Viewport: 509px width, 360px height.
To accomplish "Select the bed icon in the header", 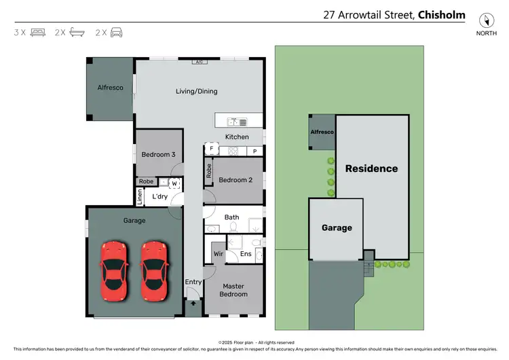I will click(x=38, y=32).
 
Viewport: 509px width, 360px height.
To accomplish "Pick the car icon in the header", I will click(x=117, y=32).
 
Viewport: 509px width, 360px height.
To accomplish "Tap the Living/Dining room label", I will click(x=197, y=91).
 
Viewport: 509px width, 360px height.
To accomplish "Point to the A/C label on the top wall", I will click(x=199, y=62).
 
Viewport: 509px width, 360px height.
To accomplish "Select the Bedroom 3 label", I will click(x=158, y=154).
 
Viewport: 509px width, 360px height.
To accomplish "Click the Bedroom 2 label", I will click(x=235, y=179).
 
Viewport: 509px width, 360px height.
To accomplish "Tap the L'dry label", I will click(x=160, y=196).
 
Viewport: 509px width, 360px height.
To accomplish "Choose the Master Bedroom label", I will click(x=233, y=290).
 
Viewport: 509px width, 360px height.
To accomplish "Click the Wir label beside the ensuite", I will click(x=218, y=255).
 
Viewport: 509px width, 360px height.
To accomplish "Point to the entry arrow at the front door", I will click(x=193, y=304).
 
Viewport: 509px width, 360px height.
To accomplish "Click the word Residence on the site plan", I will click(x=371, y=168).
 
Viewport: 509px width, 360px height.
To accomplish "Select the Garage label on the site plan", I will click(x=337, y=228).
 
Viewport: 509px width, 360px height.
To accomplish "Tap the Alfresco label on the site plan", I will click(x=322, y=132).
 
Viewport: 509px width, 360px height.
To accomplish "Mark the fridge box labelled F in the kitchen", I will click(x=211, y=147).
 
